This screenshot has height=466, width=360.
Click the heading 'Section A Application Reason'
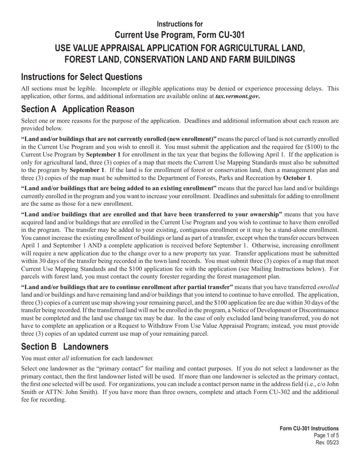[x=78, y=109]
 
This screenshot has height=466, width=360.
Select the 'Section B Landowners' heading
[x=65, y=347]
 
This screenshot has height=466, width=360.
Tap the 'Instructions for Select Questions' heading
[x=82, y=77]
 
